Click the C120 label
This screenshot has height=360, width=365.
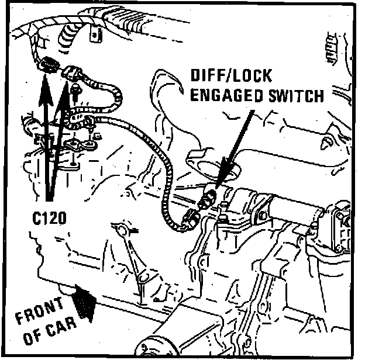tap(49, 218)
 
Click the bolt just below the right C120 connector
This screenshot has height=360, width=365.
tap(76, 89)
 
